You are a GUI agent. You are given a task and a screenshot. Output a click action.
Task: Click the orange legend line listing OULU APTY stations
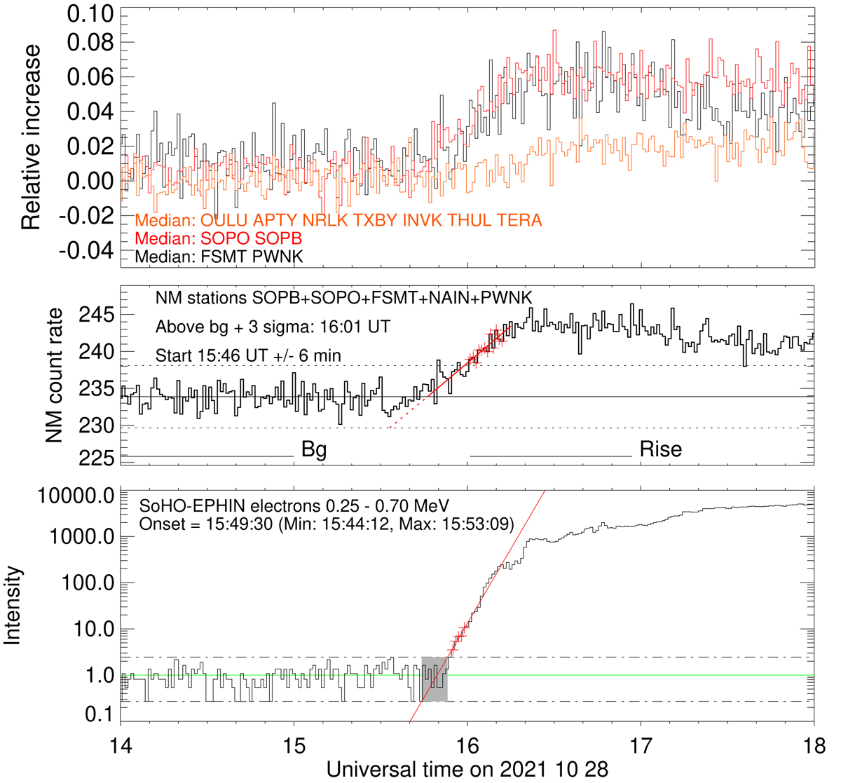click(338, 221)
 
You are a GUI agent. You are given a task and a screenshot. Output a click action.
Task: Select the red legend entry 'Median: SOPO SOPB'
click(218, 239)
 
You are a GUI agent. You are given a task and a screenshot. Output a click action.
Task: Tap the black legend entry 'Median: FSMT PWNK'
click(219, 257)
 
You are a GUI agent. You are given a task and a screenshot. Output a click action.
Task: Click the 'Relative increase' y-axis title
click(31, 138)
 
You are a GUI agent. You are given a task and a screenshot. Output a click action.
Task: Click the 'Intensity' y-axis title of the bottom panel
click(13, 606)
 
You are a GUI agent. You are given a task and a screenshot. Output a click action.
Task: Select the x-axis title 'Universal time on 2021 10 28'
click(467, 769)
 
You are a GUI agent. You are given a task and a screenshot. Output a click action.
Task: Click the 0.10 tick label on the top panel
click(90, 14)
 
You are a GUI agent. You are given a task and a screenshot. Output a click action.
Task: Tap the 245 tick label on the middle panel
click(98, 315)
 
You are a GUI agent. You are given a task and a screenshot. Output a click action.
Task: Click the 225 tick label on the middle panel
click(98, 458)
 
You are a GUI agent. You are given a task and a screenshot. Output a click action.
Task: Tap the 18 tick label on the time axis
click(813, 743)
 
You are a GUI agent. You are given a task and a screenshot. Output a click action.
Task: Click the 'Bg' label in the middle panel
click(314, 449)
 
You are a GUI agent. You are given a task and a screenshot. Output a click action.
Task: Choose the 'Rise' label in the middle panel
click(660, 449)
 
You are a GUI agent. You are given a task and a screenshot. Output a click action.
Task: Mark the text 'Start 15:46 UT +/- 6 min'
click(248, 355)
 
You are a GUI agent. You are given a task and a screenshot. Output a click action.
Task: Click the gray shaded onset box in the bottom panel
click(434, 679)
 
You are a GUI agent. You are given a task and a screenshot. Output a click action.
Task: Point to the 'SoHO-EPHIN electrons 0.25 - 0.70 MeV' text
click(294, 506)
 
